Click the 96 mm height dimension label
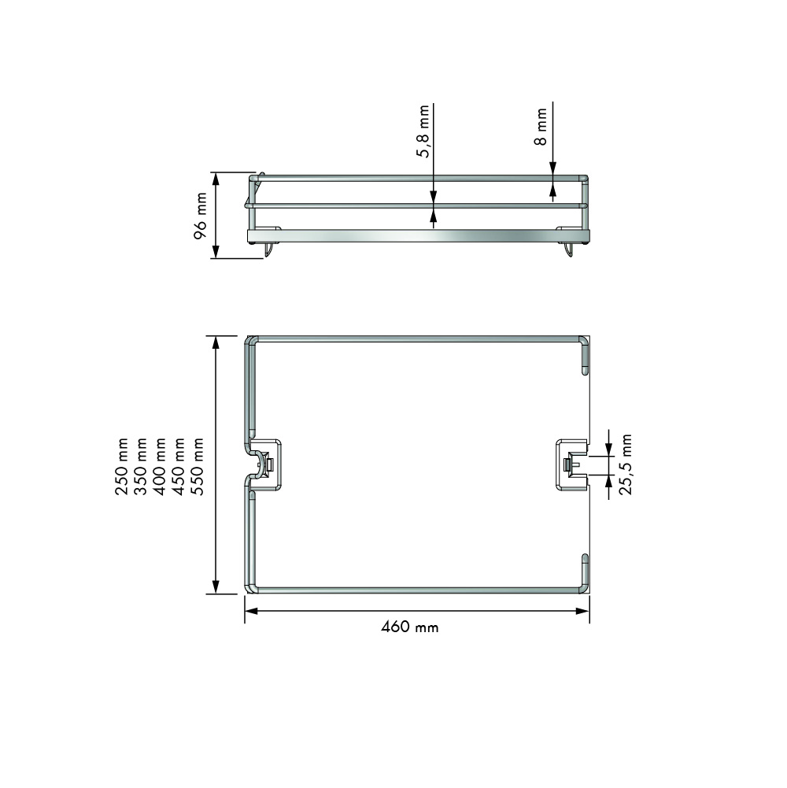pyautogui.click(x=201, y=215)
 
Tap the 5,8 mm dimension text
pyautogui.click(x=423, y=131)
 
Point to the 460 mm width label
pyautogui.click(x=409, y=627)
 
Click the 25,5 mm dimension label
pyautogui.click(x=625, y=464)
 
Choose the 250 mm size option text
pyautogui.click(x=122, y=466)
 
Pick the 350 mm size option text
pyautogui.click(x=141, y=466)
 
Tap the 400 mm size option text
pyautogui.click(x=159, y=466)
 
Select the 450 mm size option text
pyautogui.click(x=179, y=466)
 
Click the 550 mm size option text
pyautogui.click(x=198, y=466)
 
